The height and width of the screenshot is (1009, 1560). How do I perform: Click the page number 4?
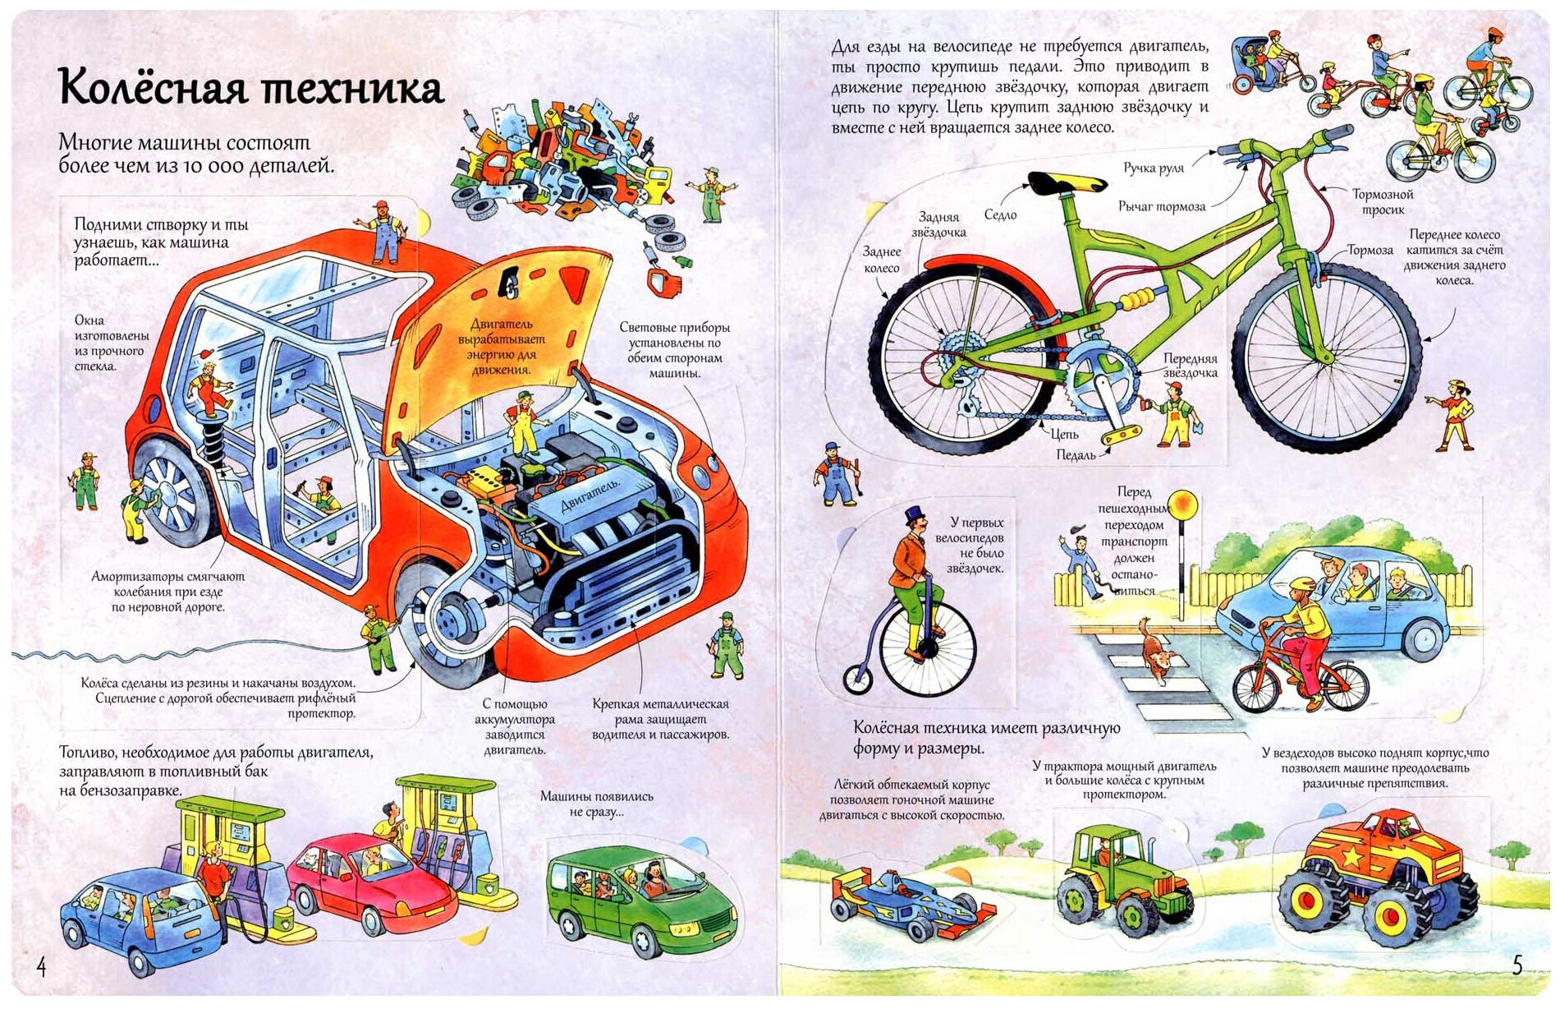[x=42, y=967]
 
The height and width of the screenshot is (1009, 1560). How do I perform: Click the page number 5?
[x=1516, y=965]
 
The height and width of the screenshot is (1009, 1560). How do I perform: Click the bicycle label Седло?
[x=1000, y=215]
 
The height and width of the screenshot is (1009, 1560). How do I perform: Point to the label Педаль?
[x=1076, y=454]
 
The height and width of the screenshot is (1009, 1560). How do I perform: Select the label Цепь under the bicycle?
[x=1064, y=434]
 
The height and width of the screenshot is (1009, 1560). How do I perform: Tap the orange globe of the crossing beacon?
[x=1182, y=504]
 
